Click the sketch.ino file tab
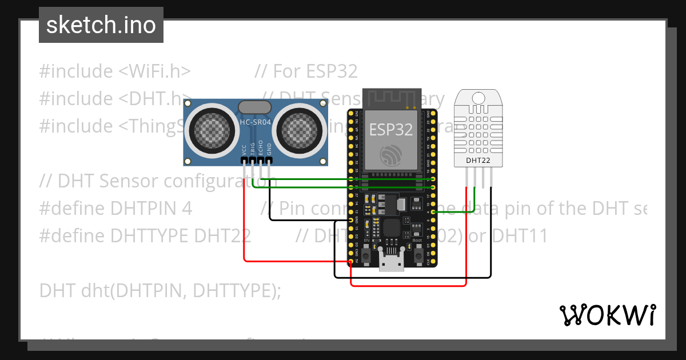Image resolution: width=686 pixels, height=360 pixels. point(101,25)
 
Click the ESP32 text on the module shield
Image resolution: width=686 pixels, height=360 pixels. point(390,130)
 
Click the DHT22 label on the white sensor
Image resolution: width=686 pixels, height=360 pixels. point(478,161)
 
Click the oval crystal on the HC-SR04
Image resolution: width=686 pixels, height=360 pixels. point(254,107)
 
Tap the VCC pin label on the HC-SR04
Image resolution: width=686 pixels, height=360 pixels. point(245,150)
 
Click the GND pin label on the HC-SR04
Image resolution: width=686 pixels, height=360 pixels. point(269,150)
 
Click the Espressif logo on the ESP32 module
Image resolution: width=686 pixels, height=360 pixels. point(391,155)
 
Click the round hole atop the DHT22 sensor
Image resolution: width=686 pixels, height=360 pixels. point(478,99)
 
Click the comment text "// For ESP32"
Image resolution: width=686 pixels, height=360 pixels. point(306,71)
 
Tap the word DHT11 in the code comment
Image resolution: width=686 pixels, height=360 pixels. point(520,235)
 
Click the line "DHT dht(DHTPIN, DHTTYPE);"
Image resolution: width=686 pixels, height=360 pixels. point(160,290)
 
